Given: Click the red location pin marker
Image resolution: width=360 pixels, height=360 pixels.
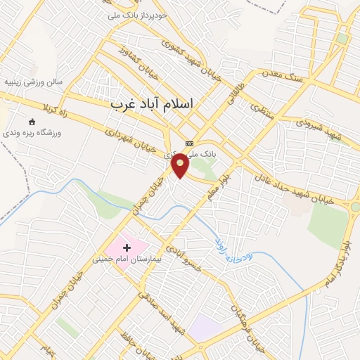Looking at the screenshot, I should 181,166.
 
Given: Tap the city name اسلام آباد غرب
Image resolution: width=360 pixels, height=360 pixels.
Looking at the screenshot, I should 151,103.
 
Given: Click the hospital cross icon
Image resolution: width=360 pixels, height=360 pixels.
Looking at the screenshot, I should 127,247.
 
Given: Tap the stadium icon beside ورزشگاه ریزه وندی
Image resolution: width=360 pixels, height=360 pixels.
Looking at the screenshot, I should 32,122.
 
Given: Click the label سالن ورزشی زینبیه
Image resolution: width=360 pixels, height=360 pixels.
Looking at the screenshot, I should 34,82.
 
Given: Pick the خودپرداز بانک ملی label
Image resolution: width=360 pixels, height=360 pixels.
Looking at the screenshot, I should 138,14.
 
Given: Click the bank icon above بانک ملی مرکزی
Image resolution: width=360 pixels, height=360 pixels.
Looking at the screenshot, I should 188,143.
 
